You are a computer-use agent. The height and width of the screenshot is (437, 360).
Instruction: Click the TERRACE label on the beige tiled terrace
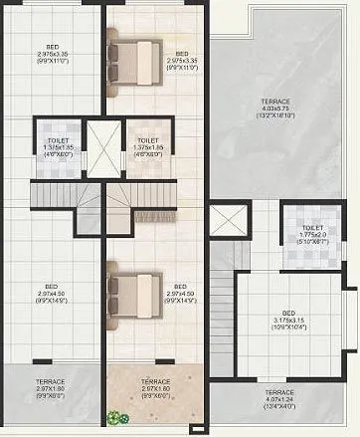tap(154, 388)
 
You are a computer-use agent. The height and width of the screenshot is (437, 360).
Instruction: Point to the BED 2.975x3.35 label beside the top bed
tap(181, 58)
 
